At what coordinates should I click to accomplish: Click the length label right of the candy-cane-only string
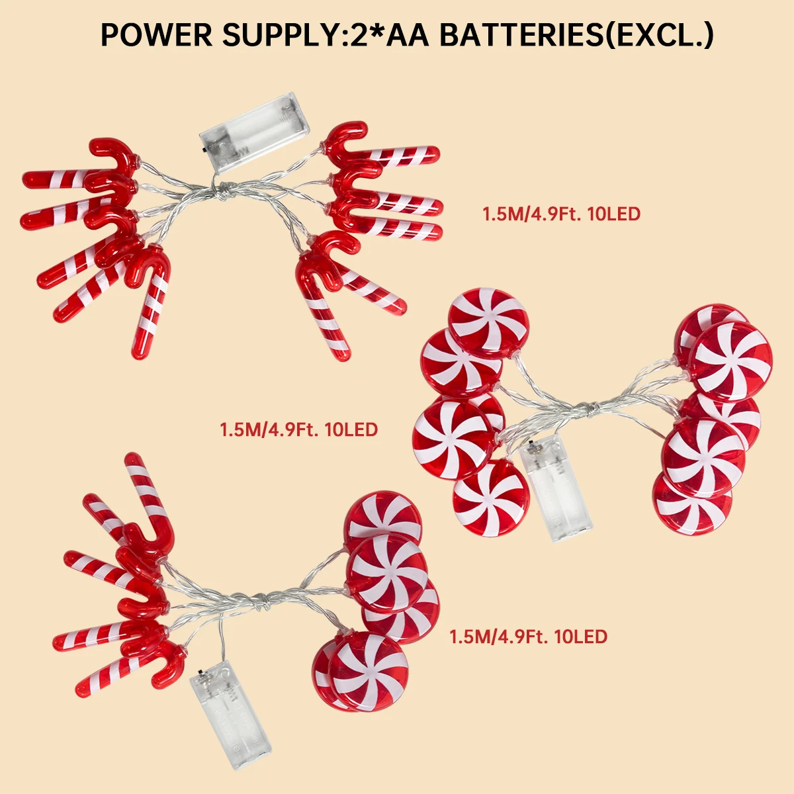coord(561,214)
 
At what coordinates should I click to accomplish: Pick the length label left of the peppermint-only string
coord(298,429)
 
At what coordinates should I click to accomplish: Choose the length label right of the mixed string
coord(528,637)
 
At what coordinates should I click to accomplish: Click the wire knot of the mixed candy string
coord(263,600)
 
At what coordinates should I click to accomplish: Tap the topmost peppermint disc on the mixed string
coord(384,516)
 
